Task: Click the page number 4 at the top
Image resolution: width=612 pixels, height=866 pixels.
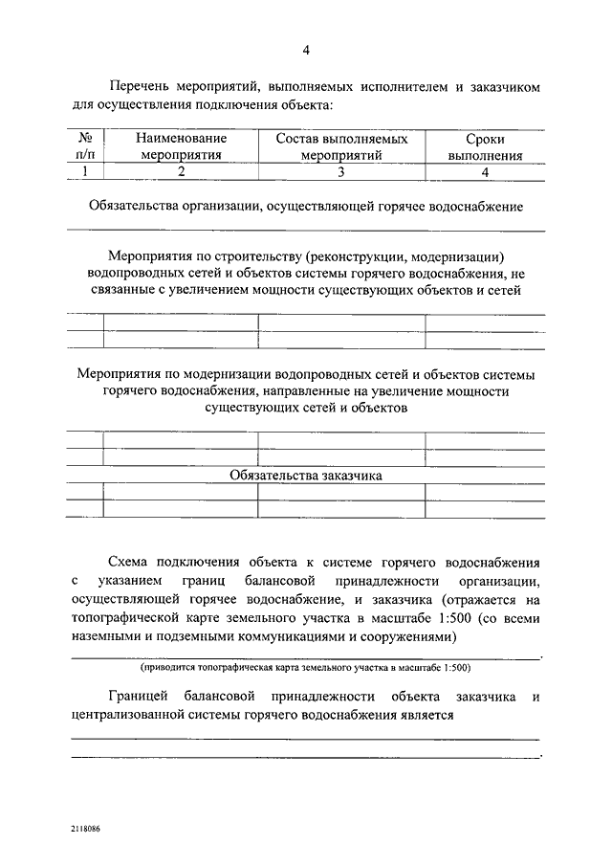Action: (x=306, y=50)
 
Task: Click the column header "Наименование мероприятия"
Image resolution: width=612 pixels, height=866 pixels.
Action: (x=181, y=145)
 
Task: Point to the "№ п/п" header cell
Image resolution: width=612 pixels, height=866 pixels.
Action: (x=85, y=145)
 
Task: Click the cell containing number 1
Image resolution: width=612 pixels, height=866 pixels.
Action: (x=85, y=171)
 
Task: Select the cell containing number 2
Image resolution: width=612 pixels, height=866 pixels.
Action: (x=181, y=171)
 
